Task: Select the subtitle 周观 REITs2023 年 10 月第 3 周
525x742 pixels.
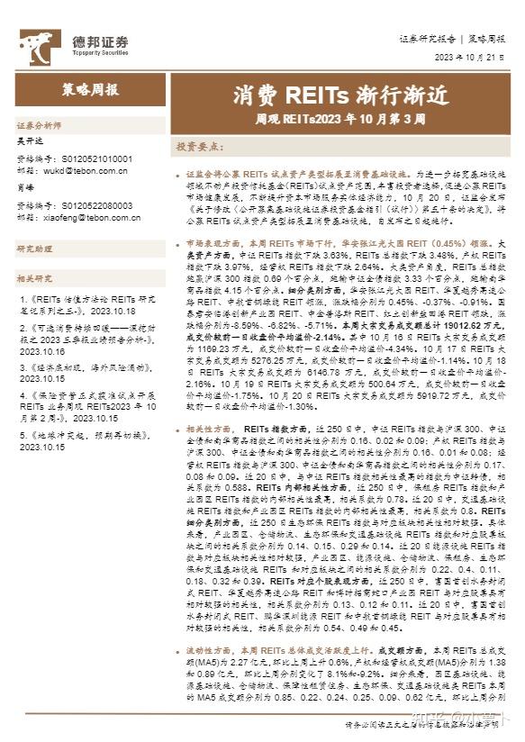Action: (x=327, y=117)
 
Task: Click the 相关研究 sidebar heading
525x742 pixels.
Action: (x=35, y=278)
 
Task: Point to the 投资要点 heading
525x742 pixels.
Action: (x=198, y=145)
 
